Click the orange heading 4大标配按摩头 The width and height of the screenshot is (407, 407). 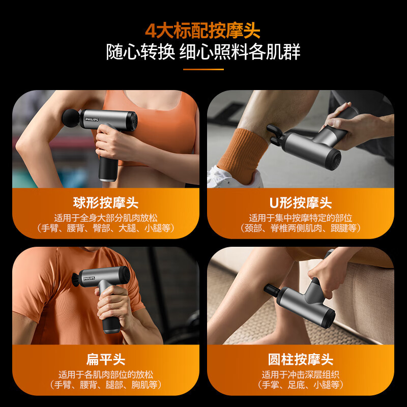[202, 31]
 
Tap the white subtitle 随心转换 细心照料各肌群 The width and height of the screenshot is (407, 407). [203, 52]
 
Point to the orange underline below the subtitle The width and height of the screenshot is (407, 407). [203, 69]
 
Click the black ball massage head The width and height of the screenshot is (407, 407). [71, 118]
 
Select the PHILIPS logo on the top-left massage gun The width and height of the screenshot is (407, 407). [92, 120]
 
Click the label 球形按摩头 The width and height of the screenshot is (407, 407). [106, 202]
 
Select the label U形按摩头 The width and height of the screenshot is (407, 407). [301, 202]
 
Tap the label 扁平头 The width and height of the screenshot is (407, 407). [106, 360]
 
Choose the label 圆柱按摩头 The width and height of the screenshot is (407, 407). [301, 360]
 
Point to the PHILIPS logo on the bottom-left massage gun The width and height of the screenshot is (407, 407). [89, 278]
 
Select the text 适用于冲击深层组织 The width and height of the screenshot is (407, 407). [301, 374]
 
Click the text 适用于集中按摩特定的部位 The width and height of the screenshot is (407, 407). [301, 218]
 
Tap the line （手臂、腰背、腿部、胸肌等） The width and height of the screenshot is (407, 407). [106, 385]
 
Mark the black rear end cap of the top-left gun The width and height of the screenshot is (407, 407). [133, 121]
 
